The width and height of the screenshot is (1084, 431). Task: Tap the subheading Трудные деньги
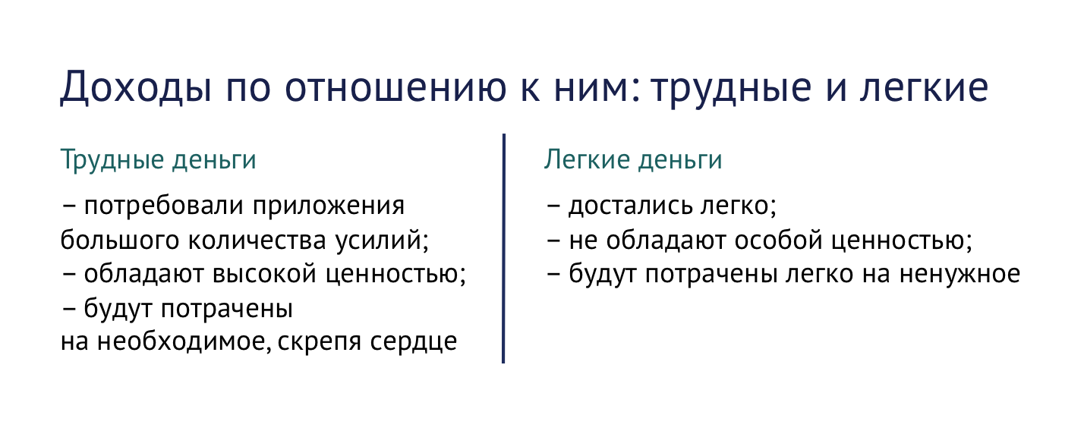[158, 162]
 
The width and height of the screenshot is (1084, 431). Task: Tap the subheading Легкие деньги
[633, 160]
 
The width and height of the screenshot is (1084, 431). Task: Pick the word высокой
[287, 275]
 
